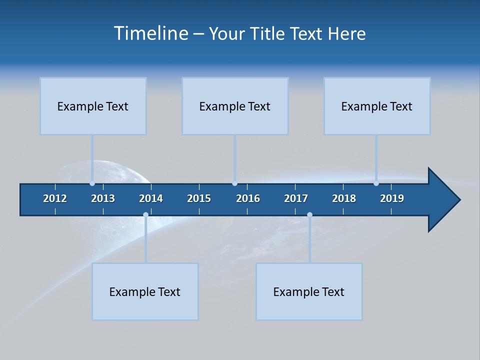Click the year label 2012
(x=55, y=198)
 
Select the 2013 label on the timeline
(x=103, y=198)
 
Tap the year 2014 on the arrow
(x=151, y=198)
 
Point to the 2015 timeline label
(x=199, y=198)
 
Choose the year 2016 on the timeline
(x=248, y=198)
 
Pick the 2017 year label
(x=296, y=198)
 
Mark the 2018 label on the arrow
(x=344, y=198)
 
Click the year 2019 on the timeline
(x=392, y=198)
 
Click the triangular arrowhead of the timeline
(x=443, y=200)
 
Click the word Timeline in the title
(x=150, y=33)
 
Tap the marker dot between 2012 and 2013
(x=92, y=183)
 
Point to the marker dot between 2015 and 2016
(x=234, y=183)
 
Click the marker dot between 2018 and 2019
(x=376, y=183)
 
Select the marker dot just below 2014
(x=145, y=215)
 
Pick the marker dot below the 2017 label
(x=309, y=215)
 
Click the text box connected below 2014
(x=145, y=291)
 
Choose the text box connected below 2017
(x=309, y=291)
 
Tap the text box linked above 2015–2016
(x=235, y=106)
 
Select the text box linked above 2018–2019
(x=377, y=106)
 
